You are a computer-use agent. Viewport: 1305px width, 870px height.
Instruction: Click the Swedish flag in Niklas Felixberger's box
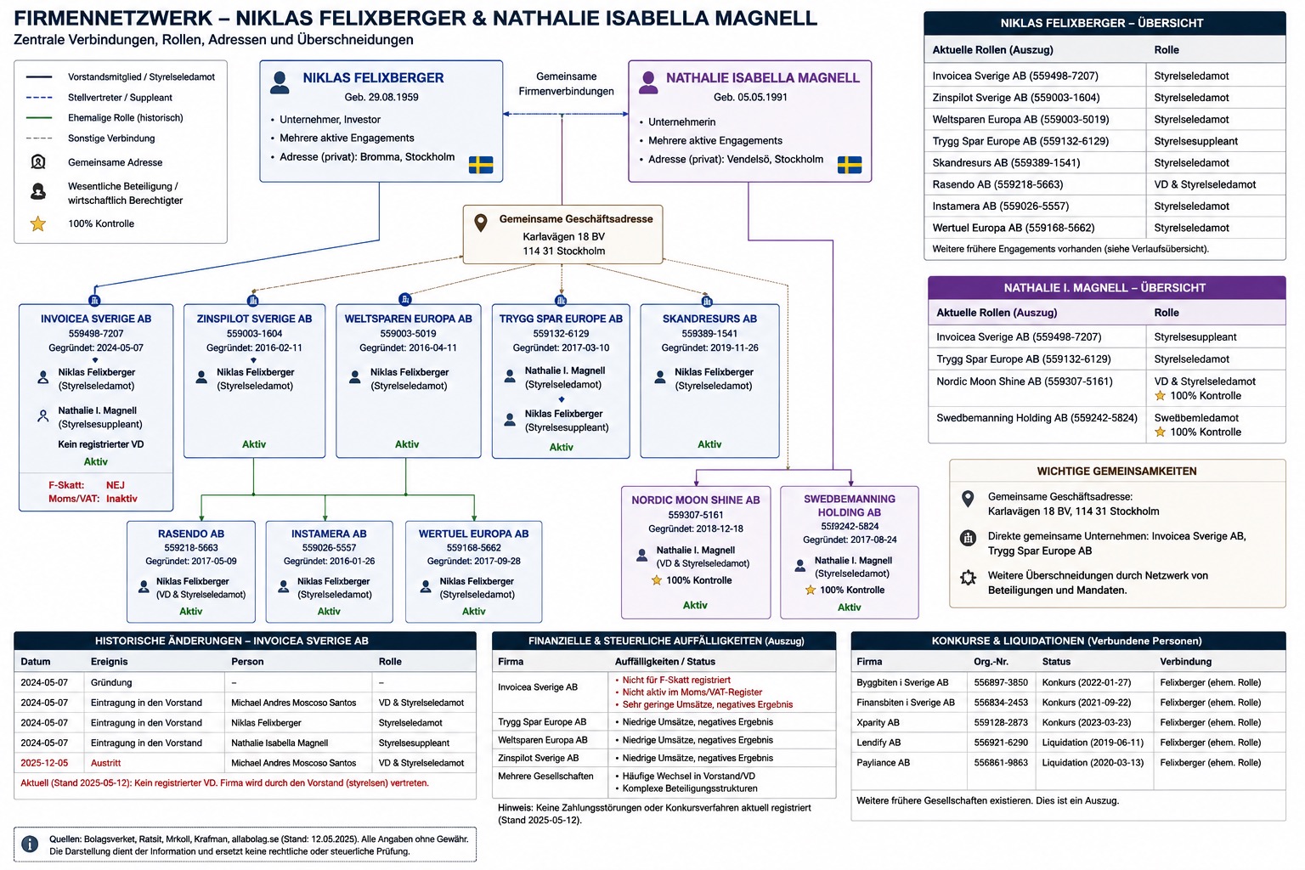pyautogui.click(x=481, y=165)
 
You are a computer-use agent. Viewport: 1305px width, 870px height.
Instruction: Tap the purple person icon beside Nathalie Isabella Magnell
pyautogui.click(x=648, y=82)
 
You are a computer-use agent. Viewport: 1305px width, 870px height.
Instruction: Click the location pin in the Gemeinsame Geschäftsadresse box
pyautogui.click(x=480, y=223)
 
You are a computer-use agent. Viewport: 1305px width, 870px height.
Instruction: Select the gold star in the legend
pyautogui.click(x=38, y=223)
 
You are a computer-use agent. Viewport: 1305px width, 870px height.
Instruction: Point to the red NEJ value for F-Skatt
pyautogui.click(x=116, y=485)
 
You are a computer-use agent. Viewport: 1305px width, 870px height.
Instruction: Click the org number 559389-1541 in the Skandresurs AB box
pyautogui.click(x=709, y=333)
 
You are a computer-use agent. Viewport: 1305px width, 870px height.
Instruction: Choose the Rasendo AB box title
pyautogui.click(x=191, y=534)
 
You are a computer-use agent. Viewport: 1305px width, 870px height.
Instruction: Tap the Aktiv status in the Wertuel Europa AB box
pyautogui.click(x=473, y=611)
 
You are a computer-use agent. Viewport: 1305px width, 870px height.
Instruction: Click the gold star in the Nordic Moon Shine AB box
pyautogui.click(x=657, y=580)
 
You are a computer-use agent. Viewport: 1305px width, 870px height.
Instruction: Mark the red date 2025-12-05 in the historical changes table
pyautogui.click(x=44, y=763)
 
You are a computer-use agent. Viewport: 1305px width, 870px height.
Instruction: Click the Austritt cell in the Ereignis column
pyautogui.click(x=105, y=763)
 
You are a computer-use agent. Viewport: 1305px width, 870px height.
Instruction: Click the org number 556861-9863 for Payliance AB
pyautogui.click(x=1001, y=762)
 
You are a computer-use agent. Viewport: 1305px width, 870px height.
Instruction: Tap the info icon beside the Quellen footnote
pyautogui.click(x=30, y=844)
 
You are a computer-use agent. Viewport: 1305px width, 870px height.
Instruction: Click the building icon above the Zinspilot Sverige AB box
pyautogui.click(x=253, y=301)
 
